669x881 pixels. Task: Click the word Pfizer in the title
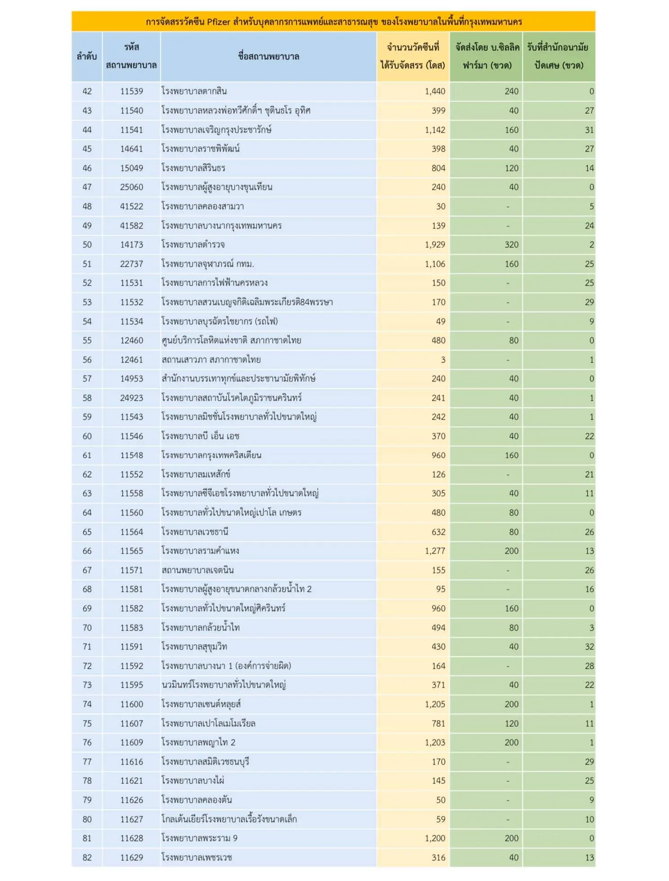click(219, 22)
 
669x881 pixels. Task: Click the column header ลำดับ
click(87, 57)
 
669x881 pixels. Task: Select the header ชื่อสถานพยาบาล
click(268, 57)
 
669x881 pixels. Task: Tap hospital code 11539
click(131, 92)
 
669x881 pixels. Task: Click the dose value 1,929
click(435, 245)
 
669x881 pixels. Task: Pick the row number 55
click(87, 341)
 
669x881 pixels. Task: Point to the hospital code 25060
click(131, 188)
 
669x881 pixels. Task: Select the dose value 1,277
click(435, 551)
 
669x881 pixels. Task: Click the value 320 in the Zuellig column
click(511, 245)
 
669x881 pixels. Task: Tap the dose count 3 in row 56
click(443, 360)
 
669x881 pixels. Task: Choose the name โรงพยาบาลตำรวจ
click(193, 245)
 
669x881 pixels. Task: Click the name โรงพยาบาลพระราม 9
click(200, 839)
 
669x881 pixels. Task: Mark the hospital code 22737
click(131, 264)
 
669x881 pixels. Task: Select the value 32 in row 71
click(589, 647)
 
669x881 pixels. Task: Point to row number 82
click(87, 858)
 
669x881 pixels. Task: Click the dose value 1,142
click(435, 130)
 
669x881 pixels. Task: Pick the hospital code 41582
click(131, 226)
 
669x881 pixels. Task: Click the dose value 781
click(438, 724)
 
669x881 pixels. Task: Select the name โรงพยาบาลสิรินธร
click(194, 169)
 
